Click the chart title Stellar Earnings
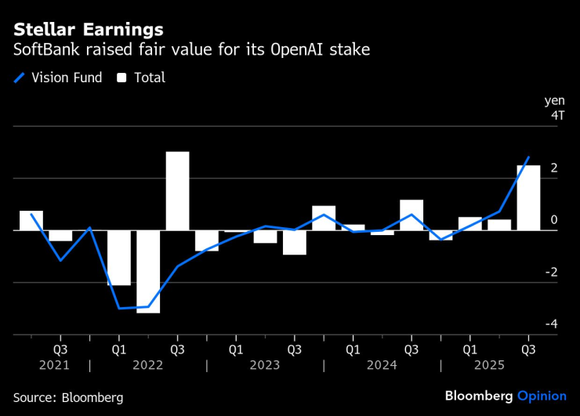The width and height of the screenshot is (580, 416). (x=88, y=30)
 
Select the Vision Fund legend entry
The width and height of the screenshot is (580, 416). (x=58, y=78)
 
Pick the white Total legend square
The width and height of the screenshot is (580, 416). (x=121, y=78)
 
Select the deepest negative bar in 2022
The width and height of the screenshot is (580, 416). (x=148, y=271)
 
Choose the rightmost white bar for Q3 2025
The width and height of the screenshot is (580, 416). (x=527, y=197)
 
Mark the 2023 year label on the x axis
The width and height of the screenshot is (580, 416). (x=265, y=365)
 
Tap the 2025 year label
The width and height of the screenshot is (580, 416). (x=498, y=365)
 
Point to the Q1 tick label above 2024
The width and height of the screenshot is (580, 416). (x=352, y=348)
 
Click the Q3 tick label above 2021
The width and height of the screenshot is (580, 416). (x=60, y=348)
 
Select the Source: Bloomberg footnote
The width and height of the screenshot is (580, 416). (x=68, y=397)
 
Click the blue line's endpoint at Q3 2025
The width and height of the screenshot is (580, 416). (x=528, y=157)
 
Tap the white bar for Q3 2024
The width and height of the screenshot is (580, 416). (x=411, y=215)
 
